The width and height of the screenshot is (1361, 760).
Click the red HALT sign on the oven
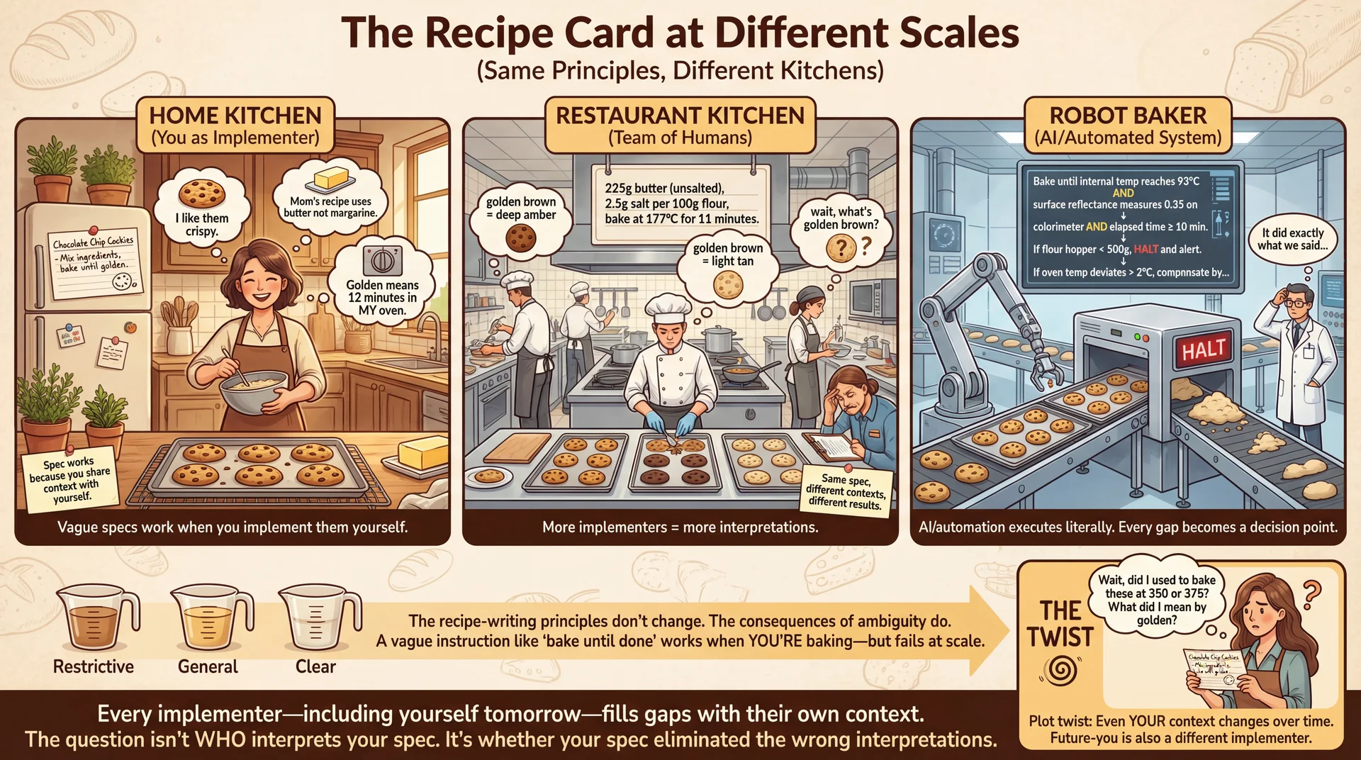pos(1203,350)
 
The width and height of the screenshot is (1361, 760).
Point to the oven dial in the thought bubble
pos(382,260)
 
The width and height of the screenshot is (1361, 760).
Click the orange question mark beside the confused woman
pos(1311,594)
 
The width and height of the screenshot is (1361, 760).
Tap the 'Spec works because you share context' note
pos(69,479)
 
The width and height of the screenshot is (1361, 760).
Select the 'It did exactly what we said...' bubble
pos(1292,239)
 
